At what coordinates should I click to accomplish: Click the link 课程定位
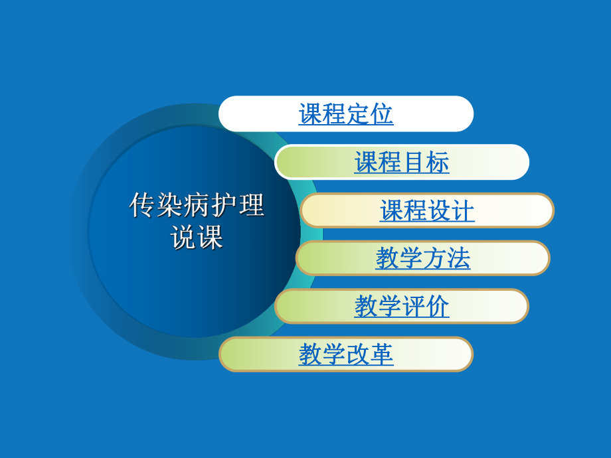[346, 114]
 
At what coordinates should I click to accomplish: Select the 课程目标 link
[402, 163]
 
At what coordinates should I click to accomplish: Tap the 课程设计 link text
[427, 211]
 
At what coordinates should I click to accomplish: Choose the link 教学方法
[423, 258]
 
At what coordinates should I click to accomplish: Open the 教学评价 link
[402, 306]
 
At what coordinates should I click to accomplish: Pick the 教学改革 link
[346, 354]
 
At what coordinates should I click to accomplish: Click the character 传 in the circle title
[142, 206]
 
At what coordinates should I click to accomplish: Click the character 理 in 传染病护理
[251, 206]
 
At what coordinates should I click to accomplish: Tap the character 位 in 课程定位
[382, 114]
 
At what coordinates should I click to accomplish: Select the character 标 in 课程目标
[438, 163]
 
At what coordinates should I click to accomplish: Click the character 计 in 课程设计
[463, 211]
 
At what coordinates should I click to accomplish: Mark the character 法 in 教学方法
[459, 258]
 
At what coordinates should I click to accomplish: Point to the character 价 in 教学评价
[438, 306]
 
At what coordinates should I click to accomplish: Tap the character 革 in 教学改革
[382, 354]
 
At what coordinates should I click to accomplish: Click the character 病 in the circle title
[197, 206]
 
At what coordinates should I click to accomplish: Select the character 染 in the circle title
[169, 206]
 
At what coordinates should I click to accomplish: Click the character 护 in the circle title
[224, 206]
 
